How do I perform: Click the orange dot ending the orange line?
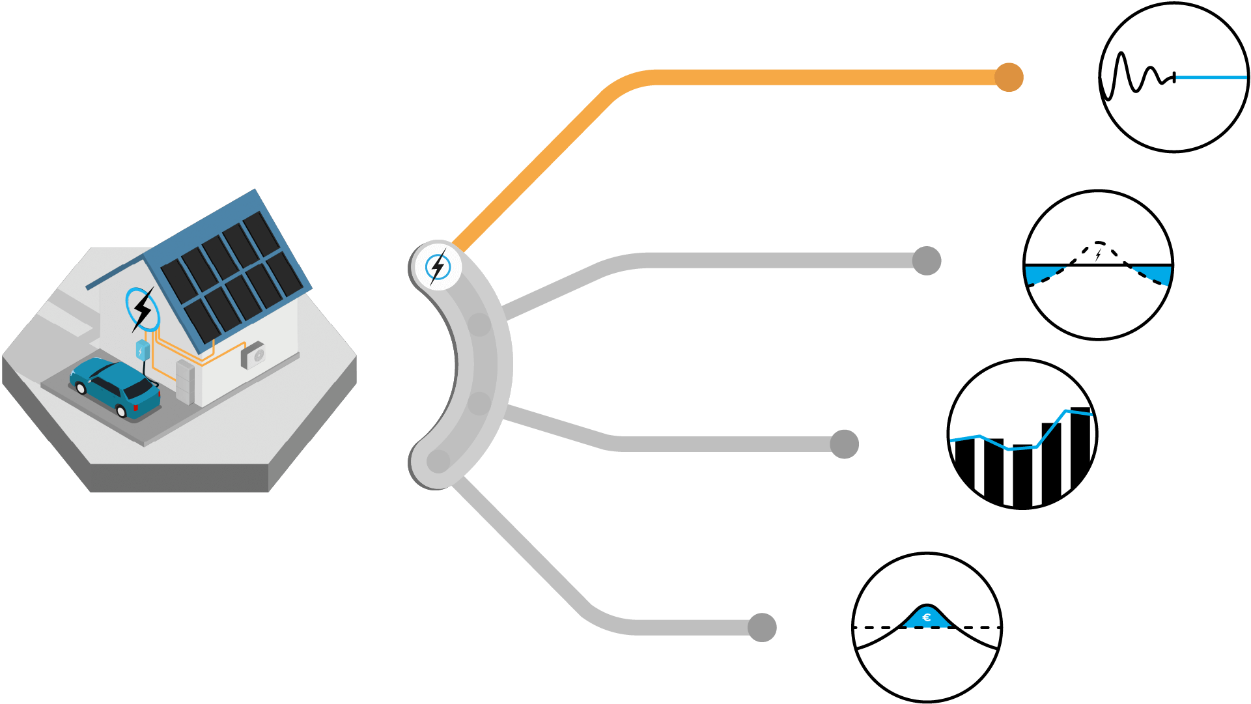1009,77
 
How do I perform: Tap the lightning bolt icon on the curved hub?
438,267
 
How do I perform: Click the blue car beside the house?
116,387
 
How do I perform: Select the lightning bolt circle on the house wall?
143,309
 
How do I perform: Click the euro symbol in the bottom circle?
927,617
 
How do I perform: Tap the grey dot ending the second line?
927,261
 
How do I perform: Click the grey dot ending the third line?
845,444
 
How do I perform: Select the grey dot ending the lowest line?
762,627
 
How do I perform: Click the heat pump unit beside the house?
253,356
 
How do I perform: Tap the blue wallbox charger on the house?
143,350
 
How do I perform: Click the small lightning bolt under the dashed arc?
1099,255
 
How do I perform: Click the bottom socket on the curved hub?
438,461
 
